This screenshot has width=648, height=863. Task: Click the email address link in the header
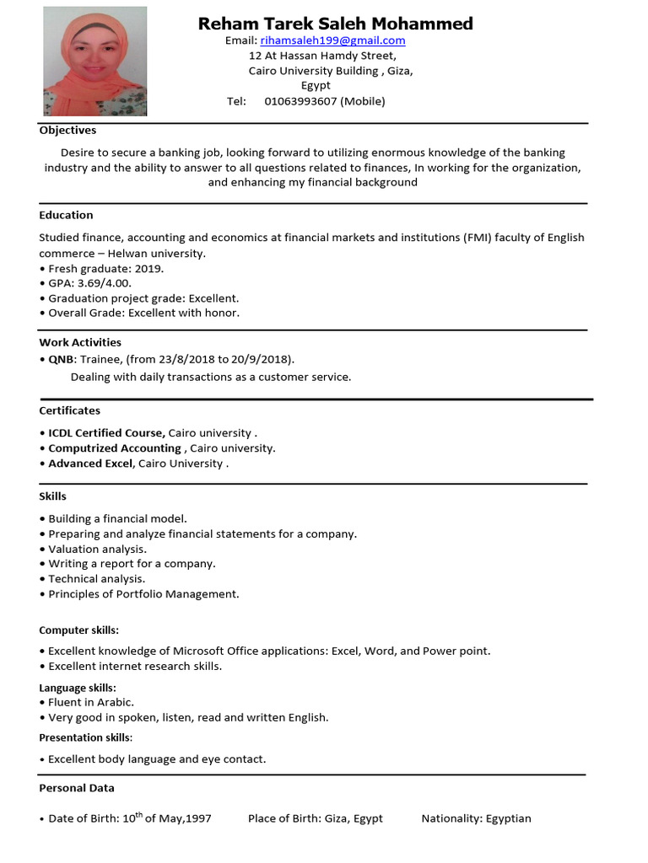(x=332, y=40)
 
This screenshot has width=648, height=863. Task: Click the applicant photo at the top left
(x=94, y=62)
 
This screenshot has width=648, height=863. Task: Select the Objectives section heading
(x=67, y=131)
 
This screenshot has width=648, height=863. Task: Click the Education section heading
(x=66, y=216)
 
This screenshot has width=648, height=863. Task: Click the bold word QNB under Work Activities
(x=61, y=359)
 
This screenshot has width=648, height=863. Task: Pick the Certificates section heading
(x=69, y=411)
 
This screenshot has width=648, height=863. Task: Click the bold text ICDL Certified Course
(x=106, y=433)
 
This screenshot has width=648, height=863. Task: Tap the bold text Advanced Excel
(x=90, y=464)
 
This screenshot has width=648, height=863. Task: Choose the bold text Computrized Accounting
(x=115, y=448)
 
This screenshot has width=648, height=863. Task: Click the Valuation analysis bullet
(x=97, y=549)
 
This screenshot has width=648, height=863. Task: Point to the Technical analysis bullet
(x=96, y=579)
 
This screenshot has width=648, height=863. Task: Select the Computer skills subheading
(x=78, y=630)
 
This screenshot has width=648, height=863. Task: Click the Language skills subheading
(x=78, y=689)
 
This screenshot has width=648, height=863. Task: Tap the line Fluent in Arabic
(x=90, y=702)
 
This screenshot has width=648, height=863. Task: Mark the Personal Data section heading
(x=77, y=788)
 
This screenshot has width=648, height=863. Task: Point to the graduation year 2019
(x=148, y=268)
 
